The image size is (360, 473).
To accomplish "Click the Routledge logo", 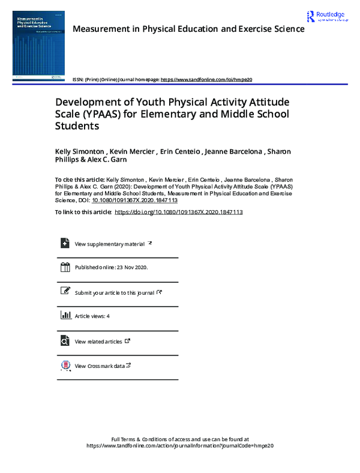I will point(326,17).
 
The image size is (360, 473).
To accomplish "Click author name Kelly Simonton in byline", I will point(80,151).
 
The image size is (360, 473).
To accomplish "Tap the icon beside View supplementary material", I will point(65,243).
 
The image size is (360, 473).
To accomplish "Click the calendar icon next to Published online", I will point(65,267).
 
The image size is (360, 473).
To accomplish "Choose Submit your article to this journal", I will point(114,292).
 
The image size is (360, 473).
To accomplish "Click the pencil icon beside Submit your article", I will point(65,291).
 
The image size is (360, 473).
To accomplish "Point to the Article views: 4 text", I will point(92,316).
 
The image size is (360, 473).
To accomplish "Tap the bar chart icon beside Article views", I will point(65,315).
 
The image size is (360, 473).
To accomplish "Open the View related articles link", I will point(98,342).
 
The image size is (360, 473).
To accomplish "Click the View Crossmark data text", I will point(100,366).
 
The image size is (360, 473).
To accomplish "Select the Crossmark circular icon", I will point(65,365).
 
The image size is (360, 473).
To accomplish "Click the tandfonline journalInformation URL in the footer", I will point(180,446).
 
